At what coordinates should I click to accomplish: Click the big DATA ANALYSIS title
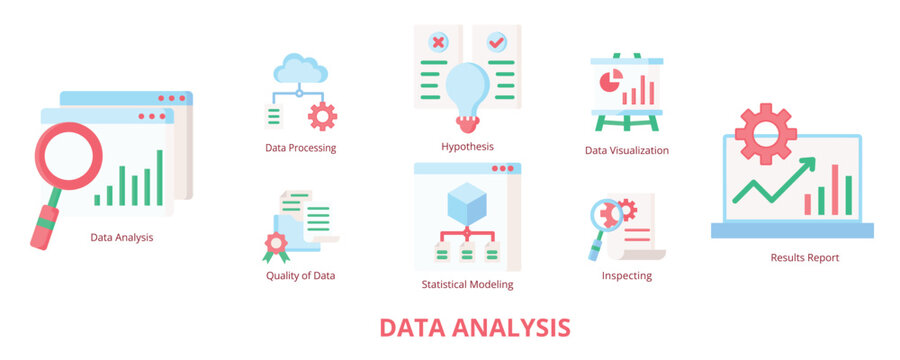point(475,328)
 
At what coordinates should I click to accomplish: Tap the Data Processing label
point(300,148)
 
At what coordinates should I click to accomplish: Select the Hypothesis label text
point(467,147)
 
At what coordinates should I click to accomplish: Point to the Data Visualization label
point(627,151)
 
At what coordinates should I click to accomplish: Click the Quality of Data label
point(300,276)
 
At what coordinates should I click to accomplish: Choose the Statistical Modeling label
point(467,284)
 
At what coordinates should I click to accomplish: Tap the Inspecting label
point(627,276)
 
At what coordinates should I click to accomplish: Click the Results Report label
point(804,258)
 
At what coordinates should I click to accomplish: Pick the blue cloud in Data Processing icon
point(300,69)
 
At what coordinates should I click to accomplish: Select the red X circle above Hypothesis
point(437,43)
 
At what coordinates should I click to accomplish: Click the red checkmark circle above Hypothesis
point(496,43)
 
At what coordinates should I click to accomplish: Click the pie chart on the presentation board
point(606,80)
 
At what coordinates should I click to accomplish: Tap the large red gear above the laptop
point(765,133)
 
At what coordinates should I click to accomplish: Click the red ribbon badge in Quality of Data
point(275,244)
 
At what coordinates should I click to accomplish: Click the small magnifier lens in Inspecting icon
point(605,214)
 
